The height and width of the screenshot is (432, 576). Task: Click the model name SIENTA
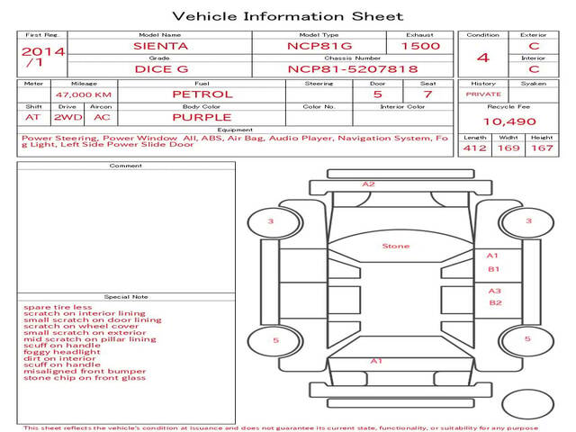tap(160, 46)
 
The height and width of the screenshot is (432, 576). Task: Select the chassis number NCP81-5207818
tap(353, 69)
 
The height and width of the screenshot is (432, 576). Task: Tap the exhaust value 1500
tap(420, 46)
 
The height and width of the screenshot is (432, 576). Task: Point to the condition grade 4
tap(483, 58)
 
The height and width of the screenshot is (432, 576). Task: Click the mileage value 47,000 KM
tap(84, 94)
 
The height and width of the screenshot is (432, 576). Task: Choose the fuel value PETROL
tap(202, 94)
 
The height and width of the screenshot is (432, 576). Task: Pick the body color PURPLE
tap(202, 118)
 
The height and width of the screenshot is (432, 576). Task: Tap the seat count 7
tap(427, 94)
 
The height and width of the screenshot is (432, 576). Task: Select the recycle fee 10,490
tap(509, 121)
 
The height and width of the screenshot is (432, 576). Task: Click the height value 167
tap(542, 148)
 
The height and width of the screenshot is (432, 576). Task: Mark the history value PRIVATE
tap(483, 94)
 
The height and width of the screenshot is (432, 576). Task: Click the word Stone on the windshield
tap(396, 246)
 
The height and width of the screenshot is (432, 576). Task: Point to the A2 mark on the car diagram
tap(368, 184)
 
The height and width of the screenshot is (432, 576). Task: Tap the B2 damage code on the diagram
tap(496, 302)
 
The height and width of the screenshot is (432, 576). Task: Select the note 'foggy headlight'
tap(62, 352)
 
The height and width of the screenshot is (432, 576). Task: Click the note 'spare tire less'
tap(58, 307)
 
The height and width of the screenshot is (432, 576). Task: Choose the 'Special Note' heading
tap(126, 297)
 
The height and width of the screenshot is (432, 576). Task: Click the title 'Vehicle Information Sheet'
tap(288, 16)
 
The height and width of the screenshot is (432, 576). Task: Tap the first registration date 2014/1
tap(43, 57)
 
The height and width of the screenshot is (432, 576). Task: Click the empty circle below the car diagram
tap(528, 404)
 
